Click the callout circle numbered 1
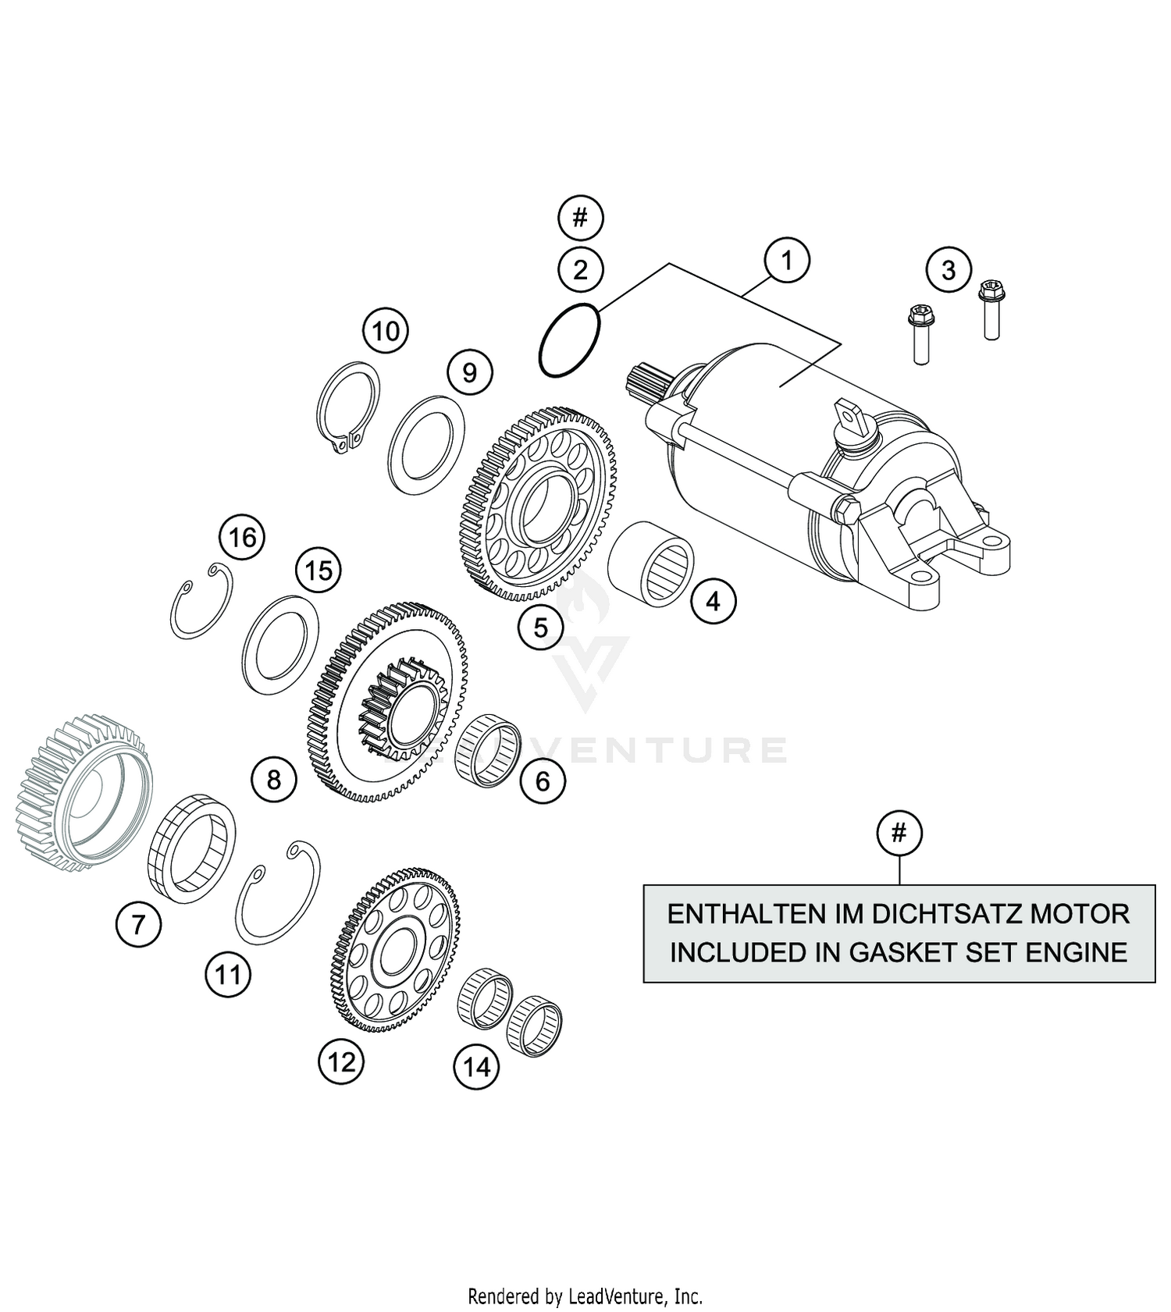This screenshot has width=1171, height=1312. tap(786, 261)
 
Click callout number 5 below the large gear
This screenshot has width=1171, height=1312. tap(541, 627)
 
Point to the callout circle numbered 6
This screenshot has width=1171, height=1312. tap(543, 781)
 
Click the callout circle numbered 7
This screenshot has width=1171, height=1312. tap(138, 925)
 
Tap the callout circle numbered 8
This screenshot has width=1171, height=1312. tap(273, 779)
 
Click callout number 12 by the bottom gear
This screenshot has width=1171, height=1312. tap(341, 1061)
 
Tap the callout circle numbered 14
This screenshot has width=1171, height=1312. tap(476, 1066)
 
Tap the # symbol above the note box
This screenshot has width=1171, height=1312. tap(899, 833)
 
